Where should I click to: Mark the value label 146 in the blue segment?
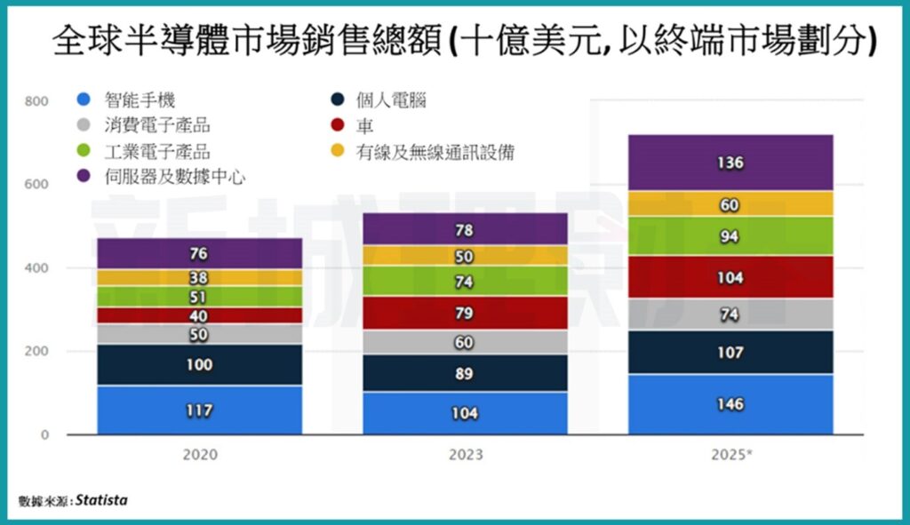730,404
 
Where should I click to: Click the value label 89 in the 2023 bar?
464,373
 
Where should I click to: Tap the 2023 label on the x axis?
466,456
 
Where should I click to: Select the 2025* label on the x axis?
732,456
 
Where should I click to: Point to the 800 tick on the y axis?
36,101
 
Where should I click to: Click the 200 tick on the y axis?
36,352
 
